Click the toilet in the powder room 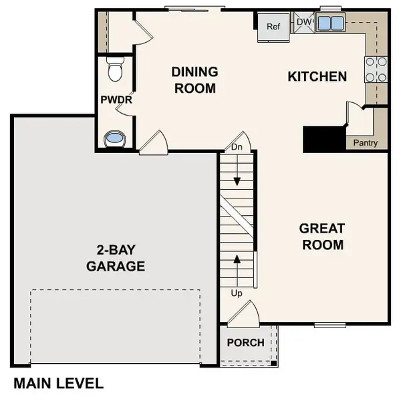(116, 69)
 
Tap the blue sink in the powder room (114, 138)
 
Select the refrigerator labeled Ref (273, 27)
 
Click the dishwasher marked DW (304, 22)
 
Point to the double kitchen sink (330, 23)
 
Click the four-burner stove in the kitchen (376, 70)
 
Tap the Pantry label (365, 143)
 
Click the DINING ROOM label (195, 80)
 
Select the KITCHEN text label (317, 76)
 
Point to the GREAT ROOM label (322, 237)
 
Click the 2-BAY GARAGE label (116, 258)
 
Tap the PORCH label (245, 343)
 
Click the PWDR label (116, 100)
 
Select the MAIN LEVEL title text (59, 384)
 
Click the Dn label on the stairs (237, 147)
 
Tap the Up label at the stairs (237, 293)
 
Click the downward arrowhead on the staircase (237, 181)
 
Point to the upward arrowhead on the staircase (237, 259)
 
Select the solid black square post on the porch (273, 363)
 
